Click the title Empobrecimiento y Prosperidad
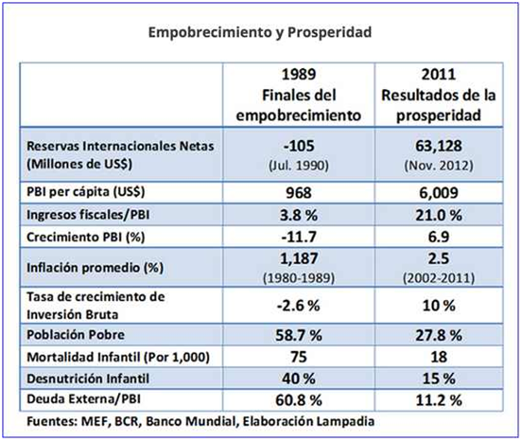[x=260, y=32]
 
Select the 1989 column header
[x=299, y=95]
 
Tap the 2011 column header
[x=439, y=95]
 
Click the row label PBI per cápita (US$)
[x=86, y=192]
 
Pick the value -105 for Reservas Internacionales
[x=299, y=146]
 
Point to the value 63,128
[x=439, y=146]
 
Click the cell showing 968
[x=299, y=193]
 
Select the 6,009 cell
[x=439, y=193]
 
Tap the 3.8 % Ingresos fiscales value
[x=299, y=216]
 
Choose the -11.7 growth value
[x=299, y=238]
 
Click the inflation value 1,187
[x=299, y=258]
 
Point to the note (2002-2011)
[x=439, y=278]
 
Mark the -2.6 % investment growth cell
[x=299, y=306]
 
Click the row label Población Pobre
[x=76, y=335]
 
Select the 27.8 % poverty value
[x=439, y=335]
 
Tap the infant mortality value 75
[x=299, y=357]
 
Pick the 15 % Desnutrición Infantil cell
[x=439, y=379]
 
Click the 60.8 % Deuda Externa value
[x=299, y=400]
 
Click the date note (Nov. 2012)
[x=439, y=166]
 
